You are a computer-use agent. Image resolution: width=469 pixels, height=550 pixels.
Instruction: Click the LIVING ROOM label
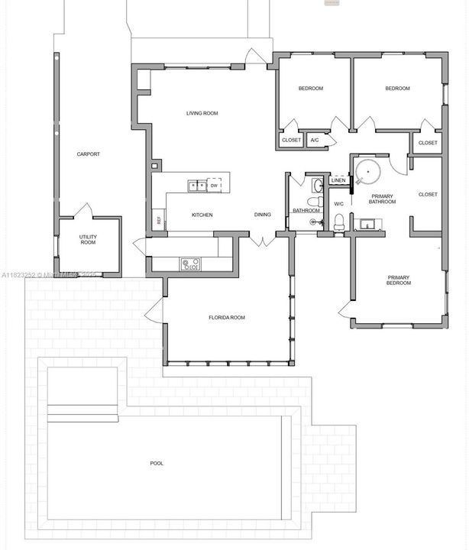(x=202, y=113)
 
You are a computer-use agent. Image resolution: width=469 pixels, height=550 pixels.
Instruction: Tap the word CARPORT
(x=89, y=154)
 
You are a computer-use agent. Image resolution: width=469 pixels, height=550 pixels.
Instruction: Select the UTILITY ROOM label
(x=88, y=240)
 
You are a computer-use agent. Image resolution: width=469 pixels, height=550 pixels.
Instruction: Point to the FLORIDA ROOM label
(x=227, y=317)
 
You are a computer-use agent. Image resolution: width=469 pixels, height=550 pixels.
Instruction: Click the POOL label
(x=157, y=463)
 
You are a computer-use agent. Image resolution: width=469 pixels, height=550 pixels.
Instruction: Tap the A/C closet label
(x=314, y=140)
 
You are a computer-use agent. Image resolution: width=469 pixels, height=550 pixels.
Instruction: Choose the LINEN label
(x=338, y=180)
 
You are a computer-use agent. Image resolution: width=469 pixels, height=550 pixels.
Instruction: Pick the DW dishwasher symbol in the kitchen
(x=215, y=186)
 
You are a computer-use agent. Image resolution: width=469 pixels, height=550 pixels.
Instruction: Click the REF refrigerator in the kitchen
(x=159, y=220)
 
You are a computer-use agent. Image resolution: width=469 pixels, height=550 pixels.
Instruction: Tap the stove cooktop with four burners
(x=190, y=264)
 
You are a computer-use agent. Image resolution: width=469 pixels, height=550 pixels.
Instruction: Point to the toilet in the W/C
(x=339, y=222)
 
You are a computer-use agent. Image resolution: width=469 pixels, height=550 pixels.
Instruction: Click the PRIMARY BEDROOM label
(x=399, y=280)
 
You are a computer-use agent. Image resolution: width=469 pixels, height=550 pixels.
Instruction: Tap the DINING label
(x=263, y=215)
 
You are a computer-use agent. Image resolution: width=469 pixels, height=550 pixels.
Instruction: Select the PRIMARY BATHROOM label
(x=382, y=199)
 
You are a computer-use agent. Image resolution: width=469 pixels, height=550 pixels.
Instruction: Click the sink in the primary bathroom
(x=368, y=225)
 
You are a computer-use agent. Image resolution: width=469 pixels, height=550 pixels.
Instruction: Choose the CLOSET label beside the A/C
(x=292, y=140)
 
